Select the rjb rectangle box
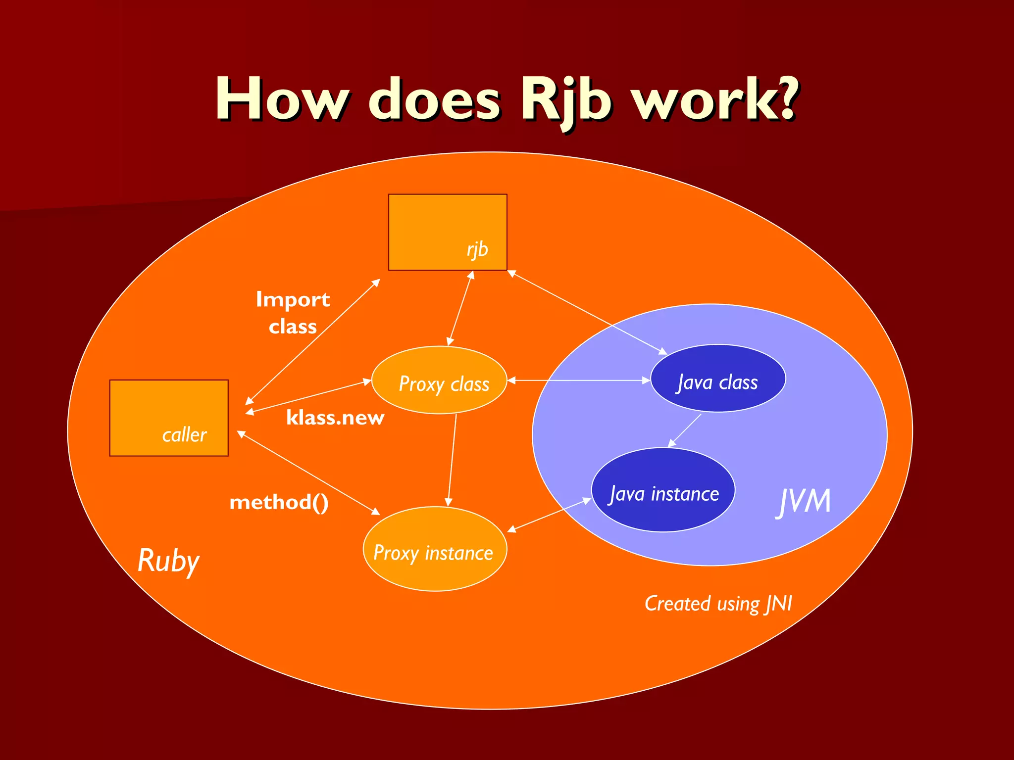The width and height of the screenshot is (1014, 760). pyautogui.click(x=448, y=232)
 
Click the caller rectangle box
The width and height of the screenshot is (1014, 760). pyautogui.click(x=169, y=418)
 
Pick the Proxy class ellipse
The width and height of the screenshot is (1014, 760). pyautogui.click(x=439, y=380)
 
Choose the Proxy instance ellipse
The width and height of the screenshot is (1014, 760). pyautogui.click(x=435, y=549)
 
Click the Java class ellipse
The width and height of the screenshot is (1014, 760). pyautogui.click(x=717, y=379)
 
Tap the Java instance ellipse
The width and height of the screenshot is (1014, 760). pyautogui.click(x=663, y=490)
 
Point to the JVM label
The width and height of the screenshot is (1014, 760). pyautogui.click(x=803, y=501)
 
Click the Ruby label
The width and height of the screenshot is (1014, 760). pyautogui.click(x=168, y=561)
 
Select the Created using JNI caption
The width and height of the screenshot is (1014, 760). pyautogui.click(x=718, y=604)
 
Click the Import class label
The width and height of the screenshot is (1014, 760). pyautogui.click(x=293, y=313)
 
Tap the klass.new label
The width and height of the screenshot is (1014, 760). pyautogui.click(x=335, y=418)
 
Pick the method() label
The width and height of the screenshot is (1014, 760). pyautogui.click(x=279, y=503)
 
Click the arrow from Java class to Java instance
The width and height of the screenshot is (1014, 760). pyautogui.click(x=685, y=430)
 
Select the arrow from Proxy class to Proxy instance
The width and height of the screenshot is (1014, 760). pyautogui.click(x=452, y=460)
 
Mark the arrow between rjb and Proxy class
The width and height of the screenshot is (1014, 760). pyautogui.click(x=460, y=308)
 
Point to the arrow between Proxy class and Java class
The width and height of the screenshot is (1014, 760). pyautogui.click(x=578, y=380)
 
